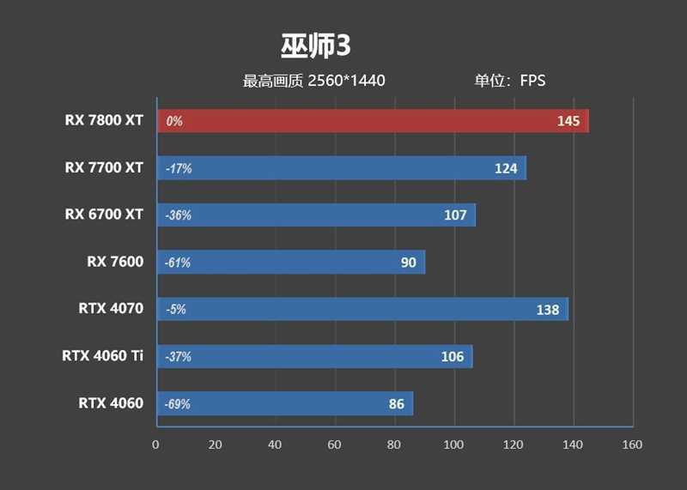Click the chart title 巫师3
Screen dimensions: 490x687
pos(315,45)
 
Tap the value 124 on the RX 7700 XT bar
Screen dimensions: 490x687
pos(506,168)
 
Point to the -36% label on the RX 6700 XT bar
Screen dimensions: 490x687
pos(179,215)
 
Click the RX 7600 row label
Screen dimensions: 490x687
pos(115,262)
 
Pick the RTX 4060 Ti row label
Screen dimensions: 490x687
pos(102,356)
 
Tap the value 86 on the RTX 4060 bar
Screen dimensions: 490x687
pos(396,403)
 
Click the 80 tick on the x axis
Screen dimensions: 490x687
pos(394,445)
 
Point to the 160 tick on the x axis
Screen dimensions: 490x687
pos(632,445)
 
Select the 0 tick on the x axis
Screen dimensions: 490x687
pos(155,445)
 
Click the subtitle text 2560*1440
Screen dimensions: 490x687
pos(346,82)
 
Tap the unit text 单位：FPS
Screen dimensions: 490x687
pos(510,82)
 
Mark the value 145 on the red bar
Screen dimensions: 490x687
pos(568,121)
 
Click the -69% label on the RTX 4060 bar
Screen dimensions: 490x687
pos(178,403)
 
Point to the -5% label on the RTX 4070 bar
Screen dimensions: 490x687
pos(175,309)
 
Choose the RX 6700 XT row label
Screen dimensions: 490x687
pos(104,215)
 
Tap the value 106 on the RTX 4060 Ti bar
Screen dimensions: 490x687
pos(452,356)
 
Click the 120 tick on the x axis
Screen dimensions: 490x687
pos(514,445)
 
